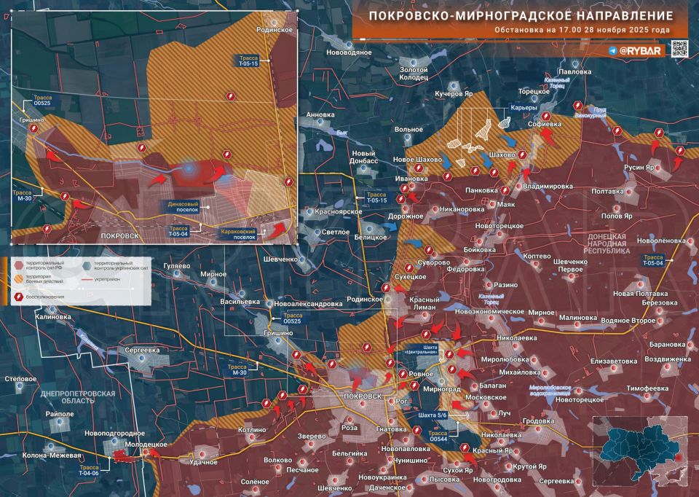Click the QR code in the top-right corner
[x=679, y=50]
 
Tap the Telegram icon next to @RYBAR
[x=612, y=51]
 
